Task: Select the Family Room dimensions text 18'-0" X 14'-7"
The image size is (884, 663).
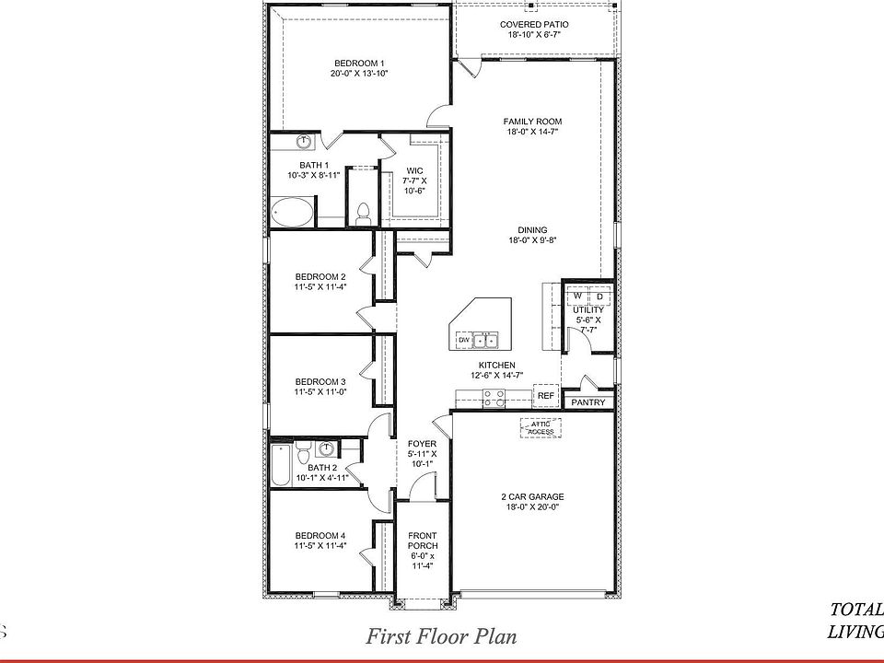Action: [x=532, y=132]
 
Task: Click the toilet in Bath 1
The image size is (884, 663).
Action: [x=363, y=212]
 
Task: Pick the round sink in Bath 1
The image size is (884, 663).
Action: [x=303, y=142]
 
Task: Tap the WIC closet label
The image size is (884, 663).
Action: [x=414, y=170]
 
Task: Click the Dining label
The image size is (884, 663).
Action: [x=532, y=230]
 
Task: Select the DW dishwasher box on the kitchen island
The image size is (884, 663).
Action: [x=464, y=341]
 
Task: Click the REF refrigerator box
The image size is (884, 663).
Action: [x=546, y=394]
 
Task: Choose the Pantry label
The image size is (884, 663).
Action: [x=588, y=402]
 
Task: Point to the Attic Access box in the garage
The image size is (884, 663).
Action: [x=541, y=427]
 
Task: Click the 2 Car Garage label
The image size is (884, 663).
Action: [x=533, y=496]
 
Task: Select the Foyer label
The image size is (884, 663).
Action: [x=422, y=444]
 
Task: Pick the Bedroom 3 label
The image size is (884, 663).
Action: [x=320, y=381]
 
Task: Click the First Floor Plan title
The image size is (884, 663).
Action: [x=441, y=635]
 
